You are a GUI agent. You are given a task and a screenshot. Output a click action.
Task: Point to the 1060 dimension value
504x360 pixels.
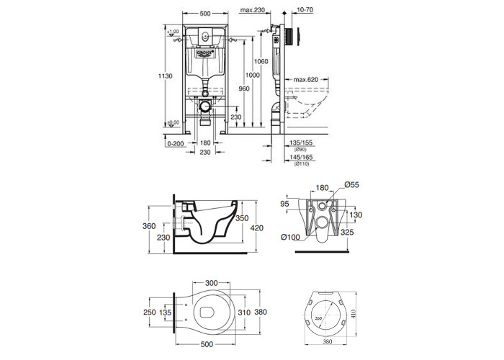pyautogui.click(x=261, y=62)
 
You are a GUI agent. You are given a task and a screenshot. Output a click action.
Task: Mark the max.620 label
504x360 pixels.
pyautogui.click(x=306, y=80)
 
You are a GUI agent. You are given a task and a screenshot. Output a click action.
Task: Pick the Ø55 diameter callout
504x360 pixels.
pyautogui.click(x=350, y=185)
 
